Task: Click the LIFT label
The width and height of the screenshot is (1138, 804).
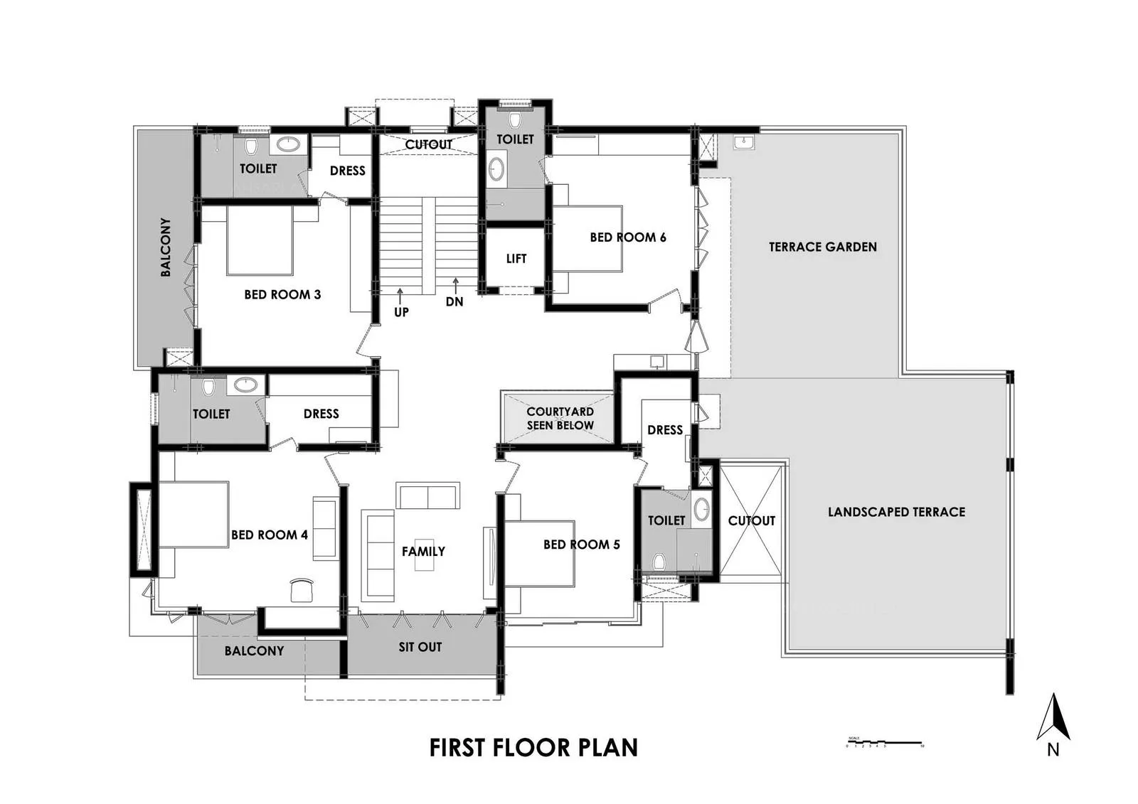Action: [x=516, y=259]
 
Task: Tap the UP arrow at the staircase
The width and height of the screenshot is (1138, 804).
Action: [x=400, y=294]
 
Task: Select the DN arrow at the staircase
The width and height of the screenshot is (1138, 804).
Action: [x=455, y=286]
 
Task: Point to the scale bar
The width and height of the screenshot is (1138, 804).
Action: [x=885, y=742]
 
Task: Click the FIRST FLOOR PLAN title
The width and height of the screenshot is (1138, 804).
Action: [x=533, y=748]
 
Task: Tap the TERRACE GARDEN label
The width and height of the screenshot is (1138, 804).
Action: [x=822, y=247]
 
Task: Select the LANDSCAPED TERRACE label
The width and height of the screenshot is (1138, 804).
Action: [x=896, y=512]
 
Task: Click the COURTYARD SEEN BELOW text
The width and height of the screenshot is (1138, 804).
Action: [x=560, y=418]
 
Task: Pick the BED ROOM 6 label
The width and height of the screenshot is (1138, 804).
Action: [x=627, y=237]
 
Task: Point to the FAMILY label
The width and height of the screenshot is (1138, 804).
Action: [x=423, y=551]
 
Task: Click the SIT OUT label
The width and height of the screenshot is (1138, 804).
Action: [x=420, y=647]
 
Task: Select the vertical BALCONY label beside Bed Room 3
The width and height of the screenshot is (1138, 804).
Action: [x=166, y=247]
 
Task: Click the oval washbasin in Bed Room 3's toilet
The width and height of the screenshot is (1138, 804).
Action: [x=288, y=145]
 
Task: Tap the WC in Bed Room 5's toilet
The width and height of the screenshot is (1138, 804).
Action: [x=659, y=562]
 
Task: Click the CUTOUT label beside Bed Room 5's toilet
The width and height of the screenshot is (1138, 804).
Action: [x=751, y=520]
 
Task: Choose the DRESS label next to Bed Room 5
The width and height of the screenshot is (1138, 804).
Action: [x=665, y=430]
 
